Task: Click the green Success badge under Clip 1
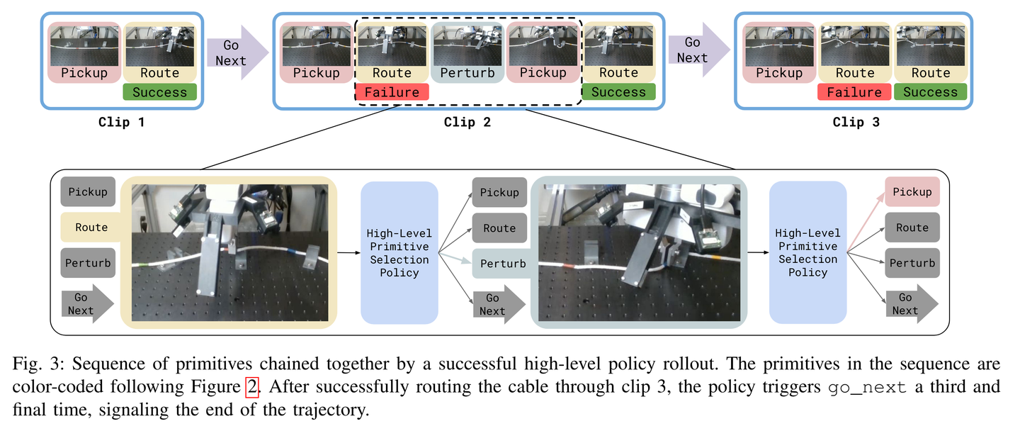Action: coord(159,92)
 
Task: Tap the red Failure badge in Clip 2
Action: coord(392,92)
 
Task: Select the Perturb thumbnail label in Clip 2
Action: coord(467,73)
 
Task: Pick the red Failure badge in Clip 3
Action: coord(854,92)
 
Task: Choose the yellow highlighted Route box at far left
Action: coord(91,228)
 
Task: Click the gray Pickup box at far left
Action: coord(88,192)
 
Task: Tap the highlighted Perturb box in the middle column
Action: coord(502,264)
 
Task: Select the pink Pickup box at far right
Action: coord(912,192)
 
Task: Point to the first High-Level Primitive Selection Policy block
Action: coord(399,253)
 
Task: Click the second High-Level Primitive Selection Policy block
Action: coord(807,253)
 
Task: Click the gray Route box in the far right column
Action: coord(912,228)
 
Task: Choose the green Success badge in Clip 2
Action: coord(618,92)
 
